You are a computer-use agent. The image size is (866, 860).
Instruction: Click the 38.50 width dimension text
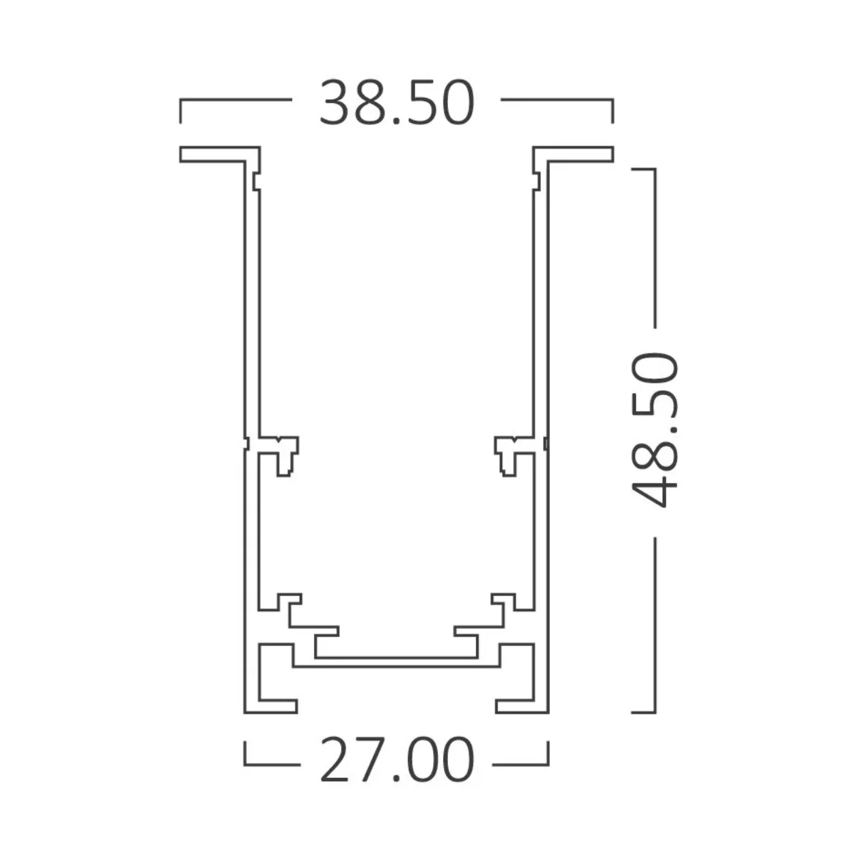(x=396, y=103)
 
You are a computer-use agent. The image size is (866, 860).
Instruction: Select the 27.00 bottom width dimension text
(x=396, y=760)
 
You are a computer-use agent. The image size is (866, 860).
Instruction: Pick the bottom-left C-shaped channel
(x=274, y=677)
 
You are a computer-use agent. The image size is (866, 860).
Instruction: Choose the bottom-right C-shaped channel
(x=518, y=677)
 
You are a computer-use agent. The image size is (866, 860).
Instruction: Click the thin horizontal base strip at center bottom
(x=396, y=660)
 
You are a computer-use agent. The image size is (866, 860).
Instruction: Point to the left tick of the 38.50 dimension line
(x=181, y=109)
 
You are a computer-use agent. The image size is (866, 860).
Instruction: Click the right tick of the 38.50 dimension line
(x=612, y=109)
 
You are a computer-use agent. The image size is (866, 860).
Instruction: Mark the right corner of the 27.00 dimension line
(x=547, y=762)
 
